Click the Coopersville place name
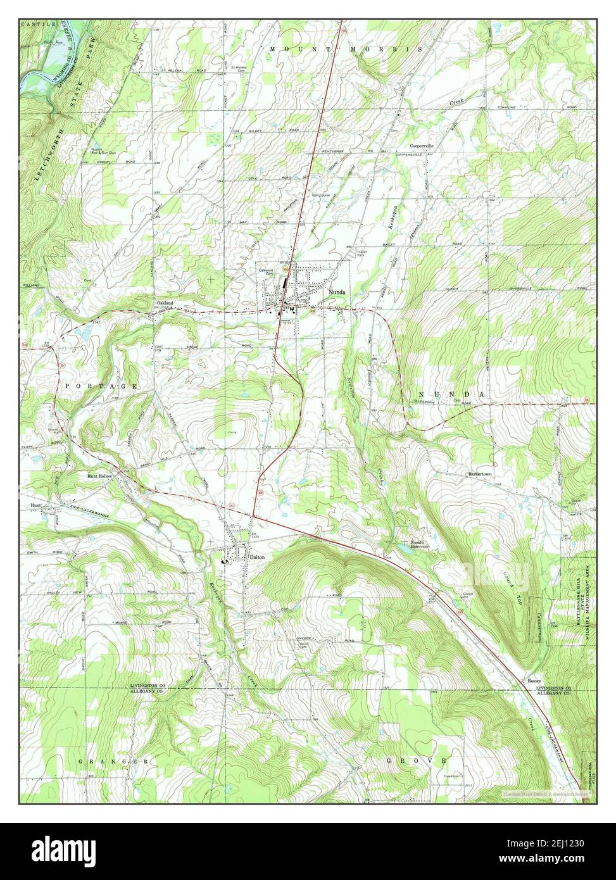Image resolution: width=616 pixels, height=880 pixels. [425, 146]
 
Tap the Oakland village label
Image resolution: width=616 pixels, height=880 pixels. [165, 303]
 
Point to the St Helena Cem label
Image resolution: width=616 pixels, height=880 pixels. [240, 68]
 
